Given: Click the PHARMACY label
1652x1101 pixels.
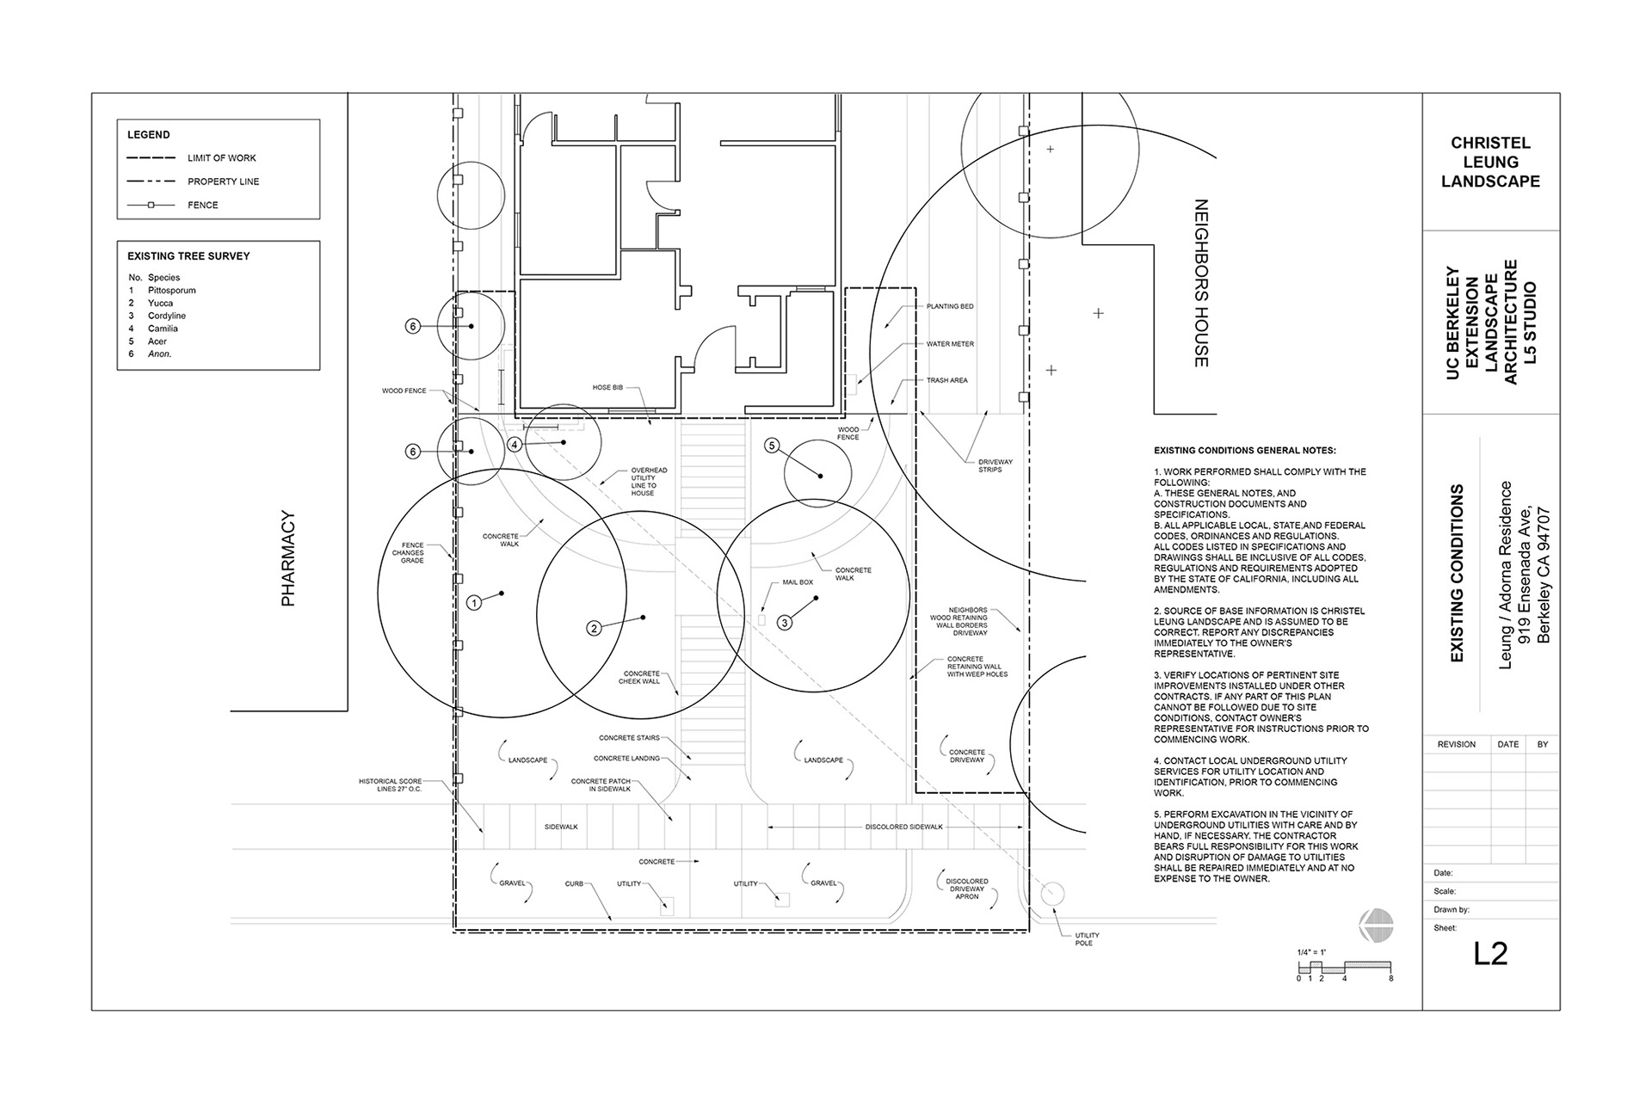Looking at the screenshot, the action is (288, 559).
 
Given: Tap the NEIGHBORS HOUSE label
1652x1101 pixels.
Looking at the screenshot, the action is (1201, 283).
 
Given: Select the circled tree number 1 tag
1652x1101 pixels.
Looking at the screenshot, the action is (474, 603).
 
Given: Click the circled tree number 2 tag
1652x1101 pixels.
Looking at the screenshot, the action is (594, 628).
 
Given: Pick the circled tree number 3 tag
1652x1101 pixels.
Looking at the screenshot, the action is (785, 623).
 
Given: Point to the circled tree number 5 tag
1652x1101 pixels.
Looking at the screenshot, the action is (772, 445).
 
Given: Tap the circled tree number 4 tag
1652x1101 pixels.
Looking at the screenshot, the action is (515, 445).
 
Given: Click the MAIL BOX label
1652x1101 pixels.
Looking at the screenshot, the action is (798, 582).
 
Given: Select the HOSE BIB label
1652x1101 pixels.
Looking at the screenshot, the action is (607, 387).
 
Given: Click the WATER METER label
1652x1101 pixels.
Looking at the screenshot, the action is (950, 344).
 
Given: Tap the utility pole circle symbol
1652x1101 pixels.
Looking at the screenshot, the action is (1052, 894).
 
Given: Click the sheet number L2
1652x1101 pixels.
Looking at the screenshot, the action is (1490, 954).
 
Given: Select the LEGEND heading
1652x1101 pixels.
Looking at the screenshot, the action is (149, 135).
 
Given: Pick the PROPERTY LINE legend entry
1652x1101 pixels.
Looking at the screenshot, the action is (224, 181).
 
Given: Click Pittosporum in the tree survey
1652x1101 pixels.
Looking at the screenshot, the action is (172, 291).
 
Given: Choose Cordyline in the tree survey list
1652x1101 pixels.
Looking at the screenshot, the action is (167, 316).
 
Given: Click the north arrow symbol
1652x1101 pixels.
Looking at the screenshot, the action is (1376, 925).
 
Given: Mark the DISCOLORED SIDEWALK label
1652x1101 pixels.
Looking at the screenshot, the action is (904, 827).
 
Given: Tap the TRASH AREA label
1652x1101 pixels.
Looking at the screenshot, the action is (947, 380).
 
